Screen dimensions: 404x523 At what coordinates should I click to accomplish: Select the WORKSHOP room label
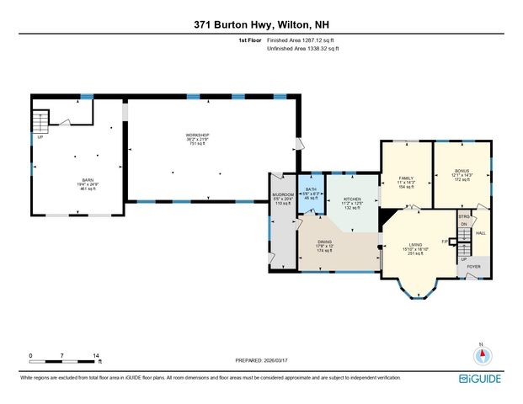197,135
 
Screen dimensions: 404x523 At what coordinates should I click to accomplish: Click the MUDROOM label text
282,194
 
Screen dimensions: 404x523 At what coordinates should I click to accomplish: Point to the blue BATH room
312,193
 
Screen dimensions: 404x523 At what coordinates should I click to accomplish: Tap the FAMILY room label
405,178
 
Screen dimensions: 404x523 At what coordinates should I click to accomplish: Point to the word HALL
481,232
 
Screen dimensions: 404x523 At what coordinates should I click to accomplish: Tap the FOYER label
474,266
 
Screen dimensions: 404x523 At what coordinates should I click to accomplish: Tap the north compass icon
481,355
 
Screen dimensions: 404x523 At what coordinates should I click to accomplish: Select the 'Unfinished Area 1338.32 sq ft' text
309,49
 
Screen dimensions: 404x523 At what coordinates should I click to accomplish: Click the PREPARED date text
261,359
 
